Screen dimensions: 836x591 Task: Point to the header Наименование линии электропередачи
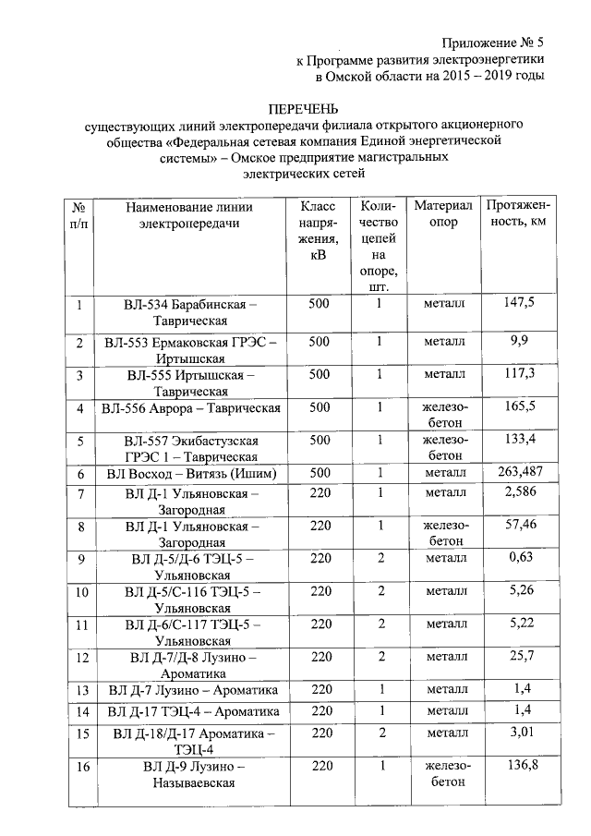tap(190, 214)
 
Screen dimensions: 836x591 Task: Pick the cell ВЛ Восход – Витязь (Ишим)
tap(190, 474)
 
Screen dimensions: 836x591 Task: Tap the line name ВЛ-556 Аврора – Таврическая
tap(190, 407)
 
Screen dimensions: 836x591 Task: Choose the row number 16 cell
tap(80, 767)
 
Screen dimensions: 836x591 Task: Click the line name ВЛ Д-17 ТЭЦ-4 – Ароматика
tap(190, 712)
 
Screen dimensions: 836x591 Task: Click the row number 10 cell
tap(80, 592)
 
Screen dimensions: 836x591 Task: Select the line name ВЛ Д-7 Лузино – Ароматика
tap(190, 690)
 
